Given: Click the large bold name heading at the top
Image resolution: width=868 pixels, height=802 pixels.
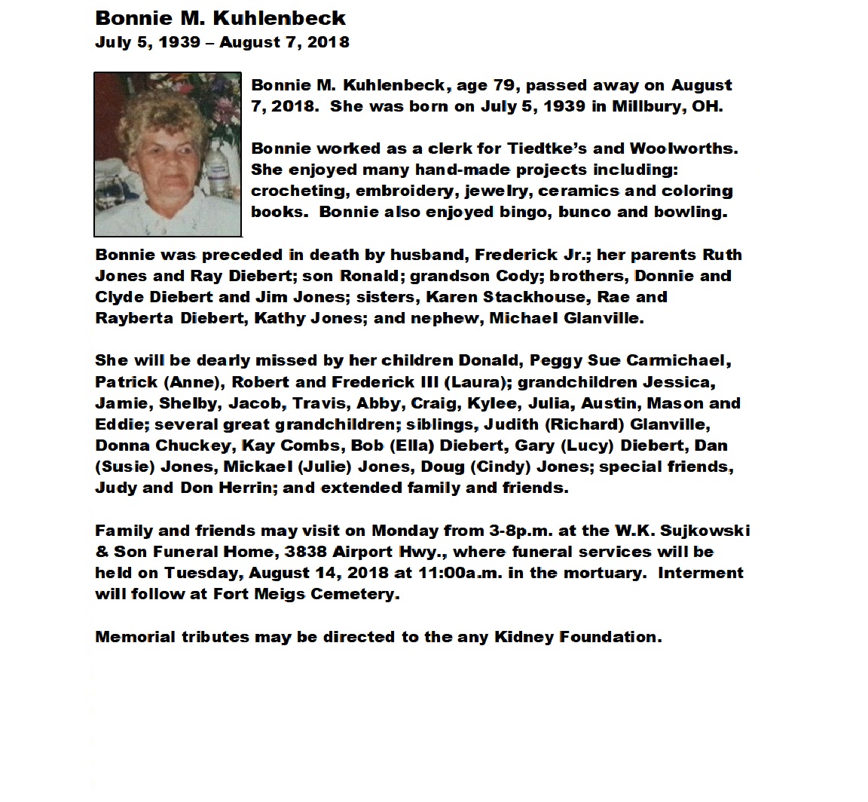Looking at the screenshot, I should tap(220, 18).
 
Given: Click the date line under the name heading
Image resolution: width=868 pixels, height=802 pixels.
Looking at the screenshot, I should tap(222, 42).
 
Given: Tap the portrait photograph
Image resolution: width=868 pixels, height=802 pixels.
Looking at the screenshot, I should tap(167, 154).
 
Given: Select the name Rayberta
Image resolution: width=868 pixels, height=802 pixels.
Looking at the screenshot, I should tap(134, 318).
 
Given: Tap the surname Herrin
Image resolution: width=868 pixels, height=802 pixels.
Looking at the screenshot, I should tap(243, 488).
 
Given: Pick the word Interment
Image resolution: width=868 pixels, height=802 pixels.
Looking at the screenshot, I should tap(701, 573).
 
